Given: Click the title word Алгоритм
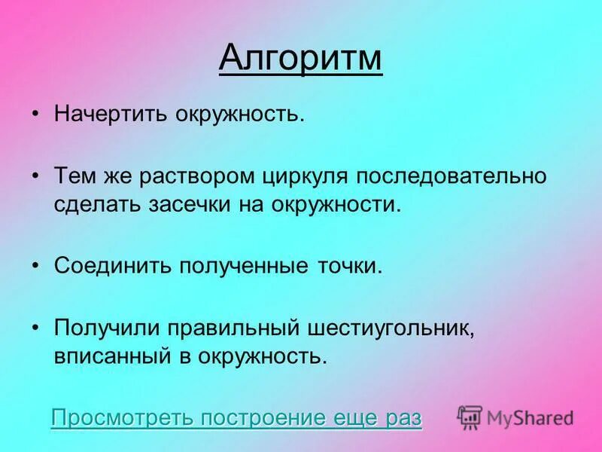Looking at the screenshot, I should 301,58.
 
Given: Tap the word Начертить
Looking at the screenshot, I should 110,115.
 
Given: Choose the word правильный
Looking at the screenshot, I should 236,328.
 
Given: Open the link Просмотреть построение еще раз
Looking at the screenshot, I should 236,418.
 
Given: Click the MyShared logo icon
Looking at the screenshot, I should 470,417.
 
